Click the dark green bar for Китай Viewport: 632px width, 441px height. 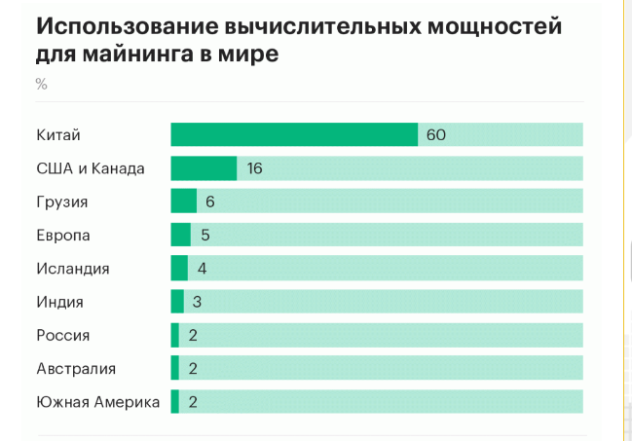(x=294, y=134)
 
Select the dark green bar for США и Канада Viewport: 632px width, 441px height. (x=204, y=168)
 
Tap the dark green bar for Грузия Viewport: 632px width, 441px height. (x=183, y=202)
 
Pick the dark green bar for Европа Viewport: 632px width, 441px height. (x=180, y=235)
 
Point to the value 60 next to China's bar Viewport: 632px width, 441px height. (x=435, y=135)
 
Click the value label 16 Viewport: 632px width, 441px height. (x=255, y=168)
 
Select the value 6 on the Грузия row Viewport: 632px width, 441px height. (x=209, y=202)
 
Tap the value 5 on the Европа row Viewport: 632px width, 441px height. (x=205, y=236)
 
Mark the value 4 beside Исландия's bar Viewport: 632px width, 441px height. (x=203, y=269)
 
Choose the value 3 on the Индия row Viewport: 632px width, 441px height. (x=197, y=302)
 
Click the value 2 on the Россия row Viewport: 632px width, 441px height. (x=193, y=335)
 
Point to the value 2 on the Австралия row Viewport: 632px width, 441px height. (x=193, y=368)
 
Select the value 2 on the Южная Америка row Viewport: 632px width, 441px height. (x=193, y=401)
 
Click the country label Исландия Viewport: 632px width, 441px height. (x=72, y=269)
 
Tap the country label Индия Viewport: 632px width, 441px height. (x=59, y=302)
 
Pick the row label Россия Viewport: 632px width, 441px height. (x=62, y=335)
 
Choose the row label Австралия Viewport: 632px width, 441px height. (x=76, y=368)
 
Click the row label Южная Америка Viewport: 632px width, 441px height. (x=97, y=401)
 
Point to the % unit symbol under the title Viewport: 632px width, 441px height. (x=41, y=84)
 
